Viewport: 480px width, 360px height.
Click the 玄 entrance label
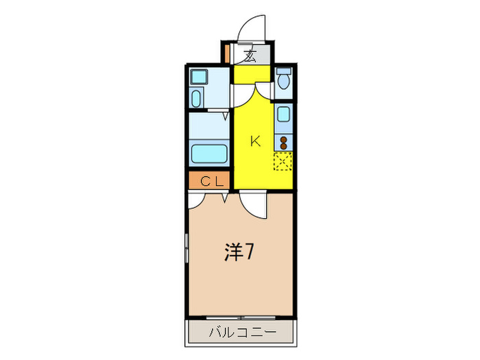click(x=251, y=56)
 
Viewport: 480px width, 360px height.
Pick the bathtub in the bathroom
click(x=209, y=153)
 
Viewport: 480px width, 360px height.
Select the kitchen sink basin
click(x=284, y=117)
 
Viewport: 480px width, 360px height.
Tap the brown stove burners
click(x=283, y=143)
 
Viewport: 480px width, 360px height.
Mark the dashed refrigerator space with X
click(x=283, y=161)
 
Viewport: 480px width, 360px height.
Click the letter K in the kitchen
click(x=254, y=142)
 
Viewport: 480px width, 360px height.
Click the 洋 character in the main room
click(x=234, y=253)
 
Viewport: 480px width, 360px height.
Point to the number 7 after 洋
click(x=251, y=253)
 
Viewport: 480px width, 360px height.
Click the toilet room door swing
click(x=263, y=94)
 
